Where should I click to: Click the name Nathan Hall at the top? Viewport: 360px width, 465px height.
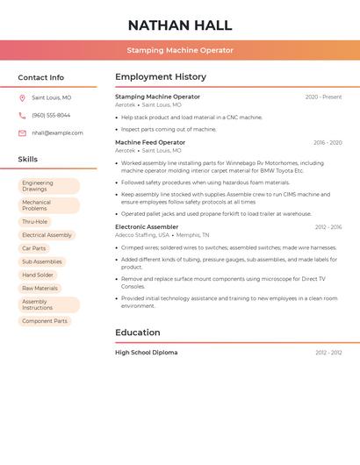[x=180, y=25]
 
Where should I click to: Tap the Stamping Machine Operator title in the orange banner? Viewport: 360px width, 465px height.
[x=180, y=50]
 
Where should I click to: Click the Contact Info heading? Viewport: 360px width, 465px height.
[x=41, y=77]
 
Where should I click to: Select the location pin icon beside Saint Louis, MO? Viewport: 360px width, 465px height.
[x=22, y=98]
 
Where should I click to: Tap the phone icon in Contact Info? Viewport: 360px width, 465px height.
[x=22, y=116]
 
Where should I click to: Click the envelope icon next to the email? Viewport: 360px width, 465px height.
[x=22, y=133]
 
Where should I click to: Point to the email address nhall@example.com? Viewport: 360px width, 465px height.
[x=57, y=133]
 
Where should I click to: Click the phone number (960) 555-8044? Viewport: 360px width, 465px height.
[x=51, y=116]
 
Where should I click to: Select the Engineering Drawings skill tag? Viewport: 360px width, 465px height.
[x=49, y=186]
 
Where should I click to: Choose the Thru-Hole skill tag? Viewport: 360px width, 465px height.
[x=35, y=222]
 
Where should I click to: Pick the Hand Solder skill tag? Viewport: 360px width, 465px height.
[x=38, y=275]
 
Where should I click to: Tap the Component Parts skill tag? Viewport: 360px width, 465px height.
[x=45, y=321]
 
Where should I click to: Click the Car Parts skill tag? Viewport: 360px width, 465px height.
[x=34, y=248]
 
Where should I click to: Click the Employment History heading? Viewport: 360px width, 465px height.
[x=161, y=77]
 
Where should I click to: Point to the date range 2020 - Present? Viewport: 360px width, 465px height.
[x=323, y=97]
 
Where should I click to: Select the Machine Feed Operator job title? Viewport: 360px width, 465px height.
[x=150, y=142]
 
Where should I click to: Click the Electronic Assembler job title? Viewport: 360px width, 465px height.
[x=147, y=227]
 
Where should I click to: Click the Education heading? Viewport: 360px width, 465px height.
[x=138, y=333]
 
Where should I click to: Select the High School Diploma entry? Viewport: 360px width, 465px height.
[x=147, y=353]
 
